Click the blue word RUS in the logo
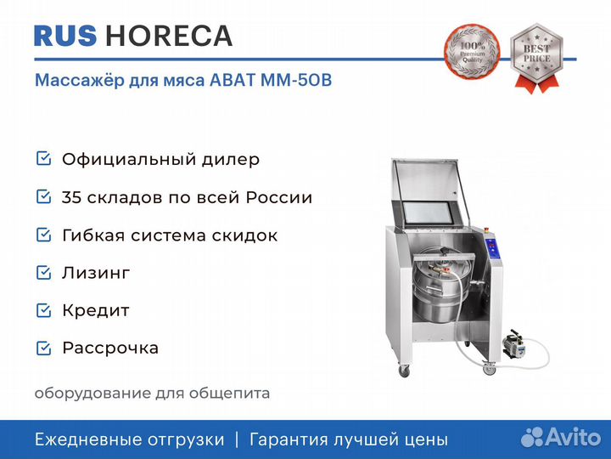(65, 36)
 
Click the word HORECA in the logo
(169, 36)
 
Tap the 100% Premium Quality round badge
(472, 52)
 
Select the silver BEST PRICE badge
(536, 58)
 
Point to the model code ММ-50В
(296, 81)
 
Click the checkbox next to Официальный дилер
(43, 158)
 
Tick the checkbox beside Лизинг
(43, 273)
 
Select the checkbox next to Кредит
(43, 310)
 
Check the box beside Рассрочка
(43, 348)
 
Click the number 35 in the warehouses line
(71, 197)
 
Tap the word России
(279, 197)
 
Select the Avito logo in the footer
(561, 437)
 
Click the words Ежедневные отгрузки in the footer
(130, 439)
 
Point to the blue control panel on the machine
(492, 248)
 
